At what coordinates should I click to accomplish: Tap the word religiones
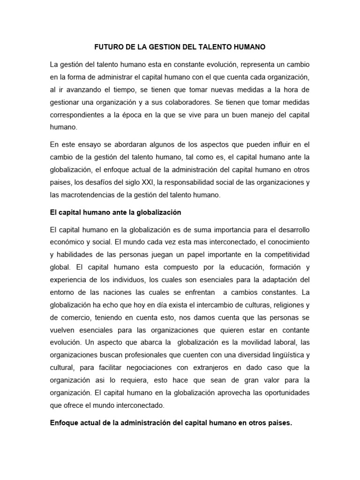[x=276, y=305]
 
